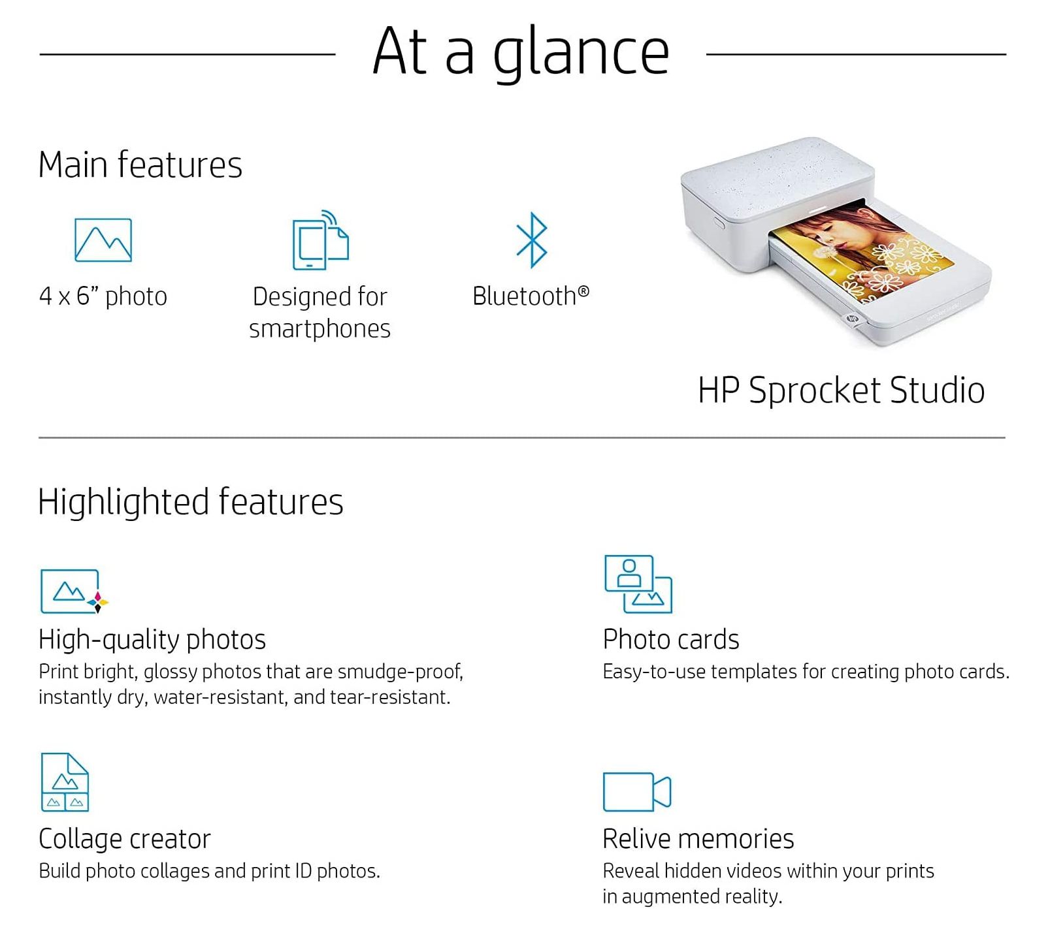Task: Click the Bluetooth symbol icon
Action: [x=532, y=240]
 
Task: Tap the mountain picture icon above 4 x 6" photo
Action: [x=103, y=240]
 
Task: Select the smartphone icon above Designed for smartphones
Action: [x=320, y=240]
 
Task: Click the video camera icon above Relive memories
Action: [x=637, y=791]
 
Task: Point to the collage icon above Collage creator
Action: [x=65, y=782]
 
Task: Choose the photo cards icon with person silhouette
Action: [x=638, y=584]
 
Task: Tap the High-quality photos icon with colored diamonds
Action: [x=74, y=591]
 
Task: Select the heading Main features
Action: [x=140, y=165]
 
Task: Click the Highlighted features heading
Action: [x=191, y=502]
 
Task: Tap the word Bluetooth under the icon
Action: [x=525, y=296]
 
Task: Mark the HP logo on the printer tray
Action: [x=851, y=319]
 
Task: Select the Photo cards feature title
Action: [x=671, y=639]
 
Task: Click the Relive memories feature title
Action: [x=698, y=839]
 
